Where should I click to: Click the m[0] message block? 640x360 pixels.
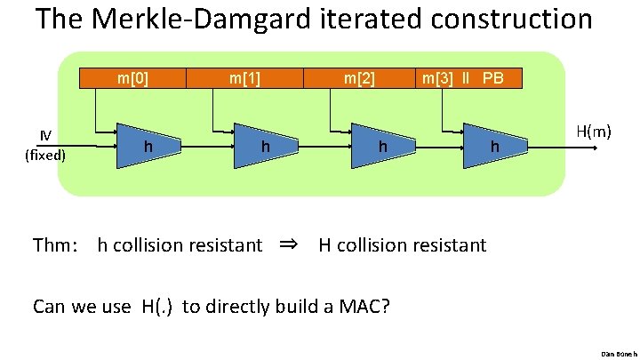[x=132, y=78]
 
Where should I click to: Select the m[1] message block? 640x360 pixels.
[x=244, y=78]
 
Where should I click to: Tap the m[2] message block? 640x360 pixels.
[x=360, y=78]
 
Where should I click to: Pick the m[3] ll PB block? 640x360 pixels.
[x=463, y=78]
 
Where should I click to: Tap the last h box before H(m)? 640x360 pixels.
[x=496, y=143]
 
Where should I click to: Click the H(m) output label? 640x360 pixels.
[x=593, y=132]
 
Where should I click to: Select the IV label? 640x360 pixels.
[x=44, y=136]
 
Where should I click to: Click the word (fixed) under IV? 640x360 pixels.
[x=44, y=153]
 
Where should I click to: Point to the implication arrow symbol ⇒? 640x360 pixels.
[x=291, y=244]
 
